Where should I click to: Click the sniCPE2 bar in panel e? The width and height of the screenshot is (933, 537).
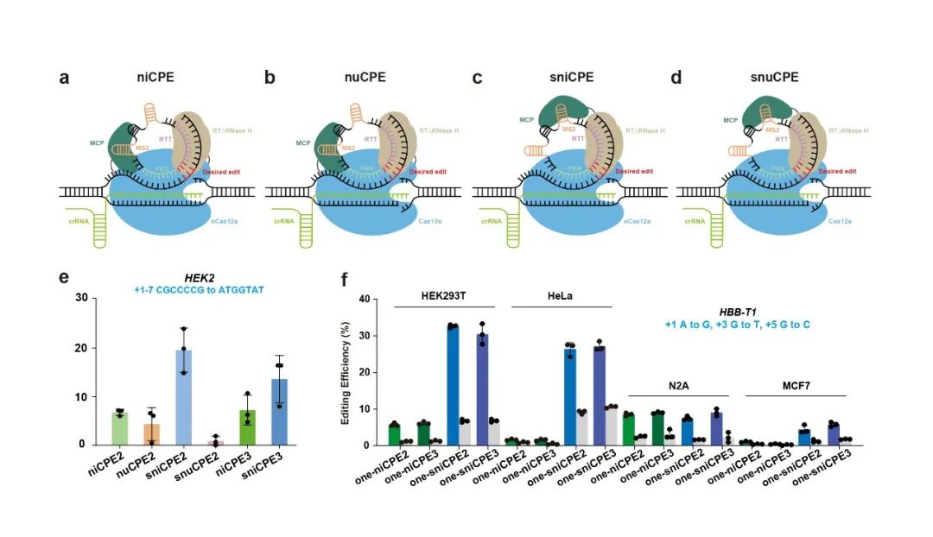184,397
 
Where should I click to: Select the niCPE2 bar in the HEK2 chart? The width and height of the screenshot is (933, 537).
120,428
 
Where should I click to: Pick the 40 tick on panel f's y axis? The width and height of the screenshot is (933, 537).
366,300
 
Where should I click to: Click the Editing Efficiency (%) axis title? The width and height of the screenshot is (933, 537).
346,372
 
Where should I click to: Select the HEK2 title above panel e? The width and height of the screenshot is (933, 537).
200,278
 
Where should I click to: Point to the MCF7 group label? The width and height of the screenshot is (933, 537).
795,383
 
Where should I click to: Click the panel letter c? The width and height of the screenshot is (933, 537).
477,79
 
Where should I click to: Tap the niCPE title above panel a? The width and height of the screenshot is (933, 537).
155,78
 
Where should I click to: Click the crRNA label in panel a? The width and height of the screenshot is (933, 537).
80,220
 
